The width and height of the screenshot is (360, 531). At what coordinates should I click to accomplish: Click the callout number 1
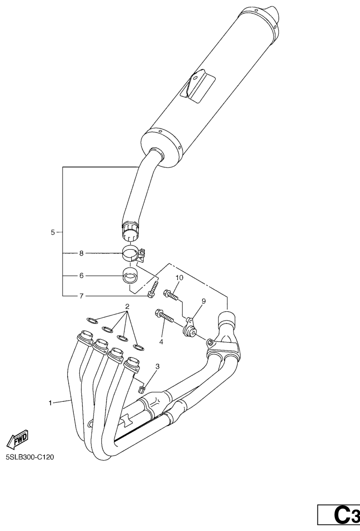pyautogui.click(x=50, y=403)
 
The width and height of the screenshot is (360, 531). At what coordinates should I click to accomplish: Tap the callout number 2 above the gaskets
pyautogui.click(x=127, y=307)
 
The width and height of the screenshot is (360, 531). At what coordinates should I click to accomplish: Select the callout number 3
pyautogui.click(x=158, y=366)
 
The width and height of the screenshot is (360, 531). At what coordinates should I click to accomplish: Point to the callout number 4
pyautogui.click(x=161, y=342)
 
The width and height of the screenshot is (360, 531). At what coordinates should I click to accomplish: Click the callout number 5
pyautogui.click(x=53, y=232)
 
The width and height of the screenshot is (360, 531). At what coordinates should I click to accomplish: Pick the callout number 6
pyautogui.click(x=81, y=276)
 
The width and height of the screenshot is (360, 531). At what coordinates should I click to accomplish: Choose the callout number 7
pyautogui.click(x=81, y=296)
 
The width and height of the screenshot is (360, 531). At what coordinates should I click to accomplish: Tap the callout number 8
pyautogui.click(x=81, y=253)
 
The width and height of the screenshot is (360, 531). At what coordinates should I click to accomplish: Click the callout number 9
pyautogui.click(x=204, y=300)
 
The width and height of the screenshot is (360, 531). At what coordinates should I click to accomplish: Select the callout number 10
pyautogui.click(x=179, y=278)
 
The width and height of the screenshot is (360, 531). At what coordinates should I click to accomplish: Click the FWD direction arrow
pyautogui.click(x=17, y=440)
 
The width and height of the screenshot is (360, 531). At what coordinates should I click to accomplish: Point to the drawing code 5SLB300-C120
pyautogui.click(x=29, y=458)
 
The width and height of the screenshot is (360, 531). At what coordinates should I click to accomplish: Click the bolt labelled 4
pyautogui.click(x=164, y=315)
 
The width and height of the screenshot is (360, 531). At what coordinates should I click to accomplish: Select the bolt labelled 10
pyautogui.click(x=171, y=294)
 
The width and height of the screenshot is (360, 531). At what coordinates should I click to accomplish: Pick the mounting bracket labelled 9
pyautogui.click(x=189, y=327)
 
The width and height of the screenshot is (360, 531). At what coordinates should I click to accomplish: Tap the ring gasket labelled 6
pyautogui.click(x=129, y=275)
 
